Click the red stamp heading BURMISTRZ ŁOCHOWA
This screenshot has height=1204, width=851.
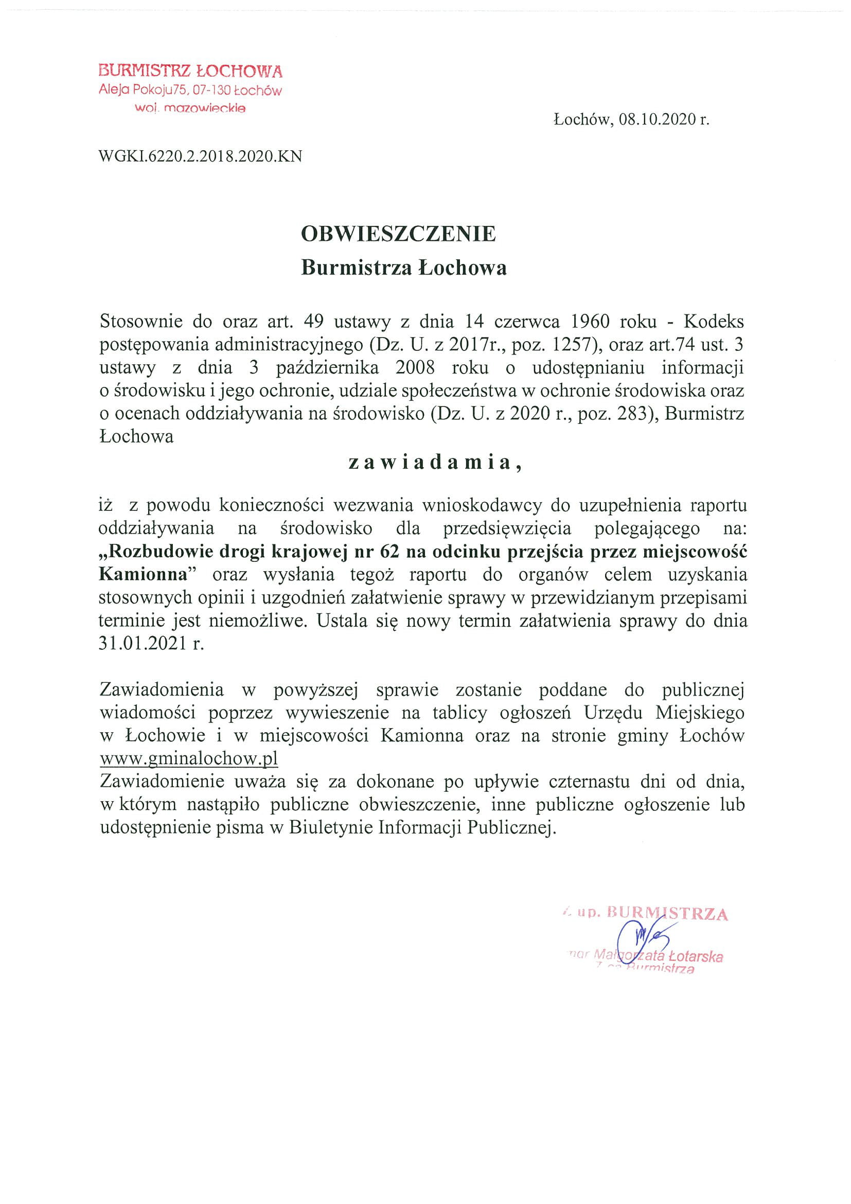pyautogui.click(x=190, y=71)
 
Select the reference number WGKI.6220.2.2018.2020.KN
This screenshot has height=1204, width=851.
pyautogui.click(x=200, y=156)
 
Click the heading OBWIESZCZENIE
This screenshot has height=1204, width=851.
pyautogui.click(x=399, y=234)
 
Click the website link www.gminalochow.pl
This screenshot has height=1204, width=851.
pyautogui.click(x=189, y=758)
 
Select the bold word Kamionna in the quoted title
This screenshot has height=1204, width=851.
pyautogui.click(x=143, y=575)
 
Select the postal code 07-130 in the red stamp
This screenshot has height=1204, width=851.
pyautogui.click(x=211, y=91)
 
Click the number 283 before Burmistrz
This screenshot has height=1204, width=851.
pyautogui.click(x=630, y=414)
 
